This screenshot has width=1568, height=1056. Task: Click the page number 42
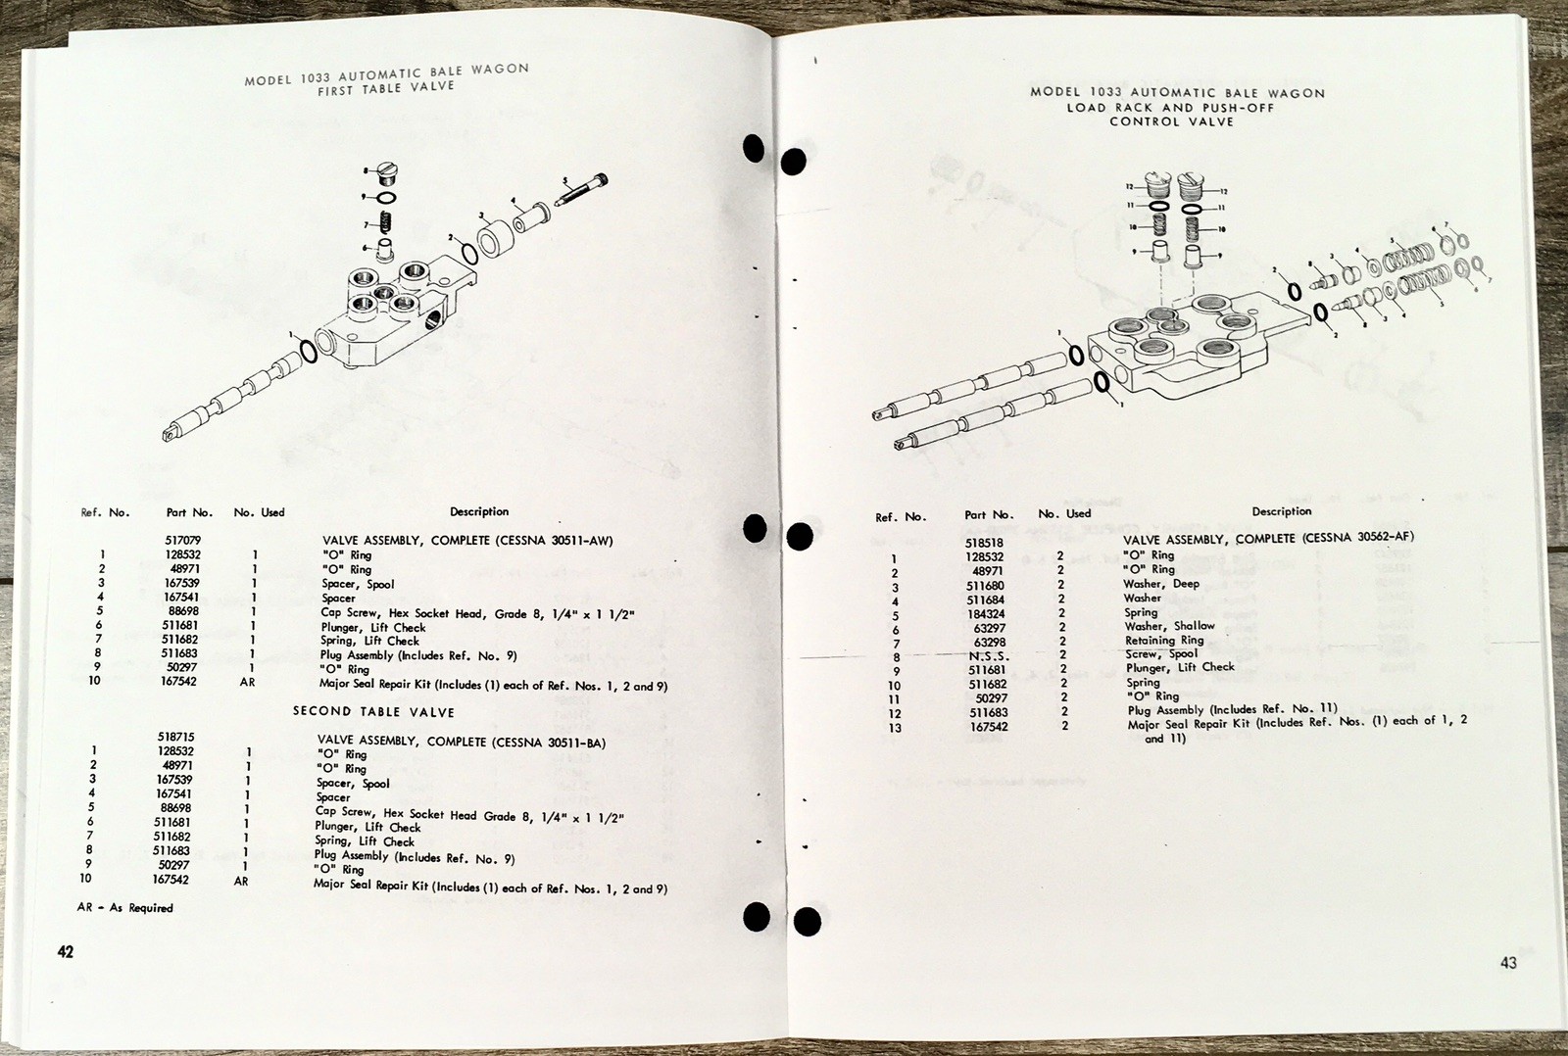click(65, 951)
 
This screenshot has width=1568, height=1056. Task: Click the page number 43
click(1508, 963)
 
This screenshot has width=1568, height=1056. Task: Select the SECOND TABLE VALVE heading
click(373, 711)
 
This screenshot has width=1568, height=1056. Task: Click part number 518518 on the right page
click(985, 542)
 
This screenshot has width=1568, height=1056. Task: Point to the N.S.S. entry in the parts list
click(987, 656)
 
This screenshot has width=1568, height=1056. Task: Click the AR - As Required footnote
click(124, 908)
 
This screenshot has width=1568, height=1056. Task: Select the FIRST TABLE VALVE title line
click(386, 87)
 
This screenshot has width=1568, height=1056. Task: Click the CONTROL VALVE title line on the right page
click(1171, 121)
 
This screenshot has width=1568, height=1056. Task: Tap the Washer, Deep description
click(1161, 584)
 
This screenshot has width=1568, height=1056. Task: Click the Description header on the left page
click(479, 511)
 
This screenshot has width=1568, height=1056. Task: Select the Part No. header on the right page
click(988, 515)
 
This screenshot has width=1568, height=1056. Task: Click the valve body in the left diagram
click(392, 313)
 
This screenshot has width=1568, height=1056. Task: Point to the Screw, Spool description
click(1161, 653)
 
